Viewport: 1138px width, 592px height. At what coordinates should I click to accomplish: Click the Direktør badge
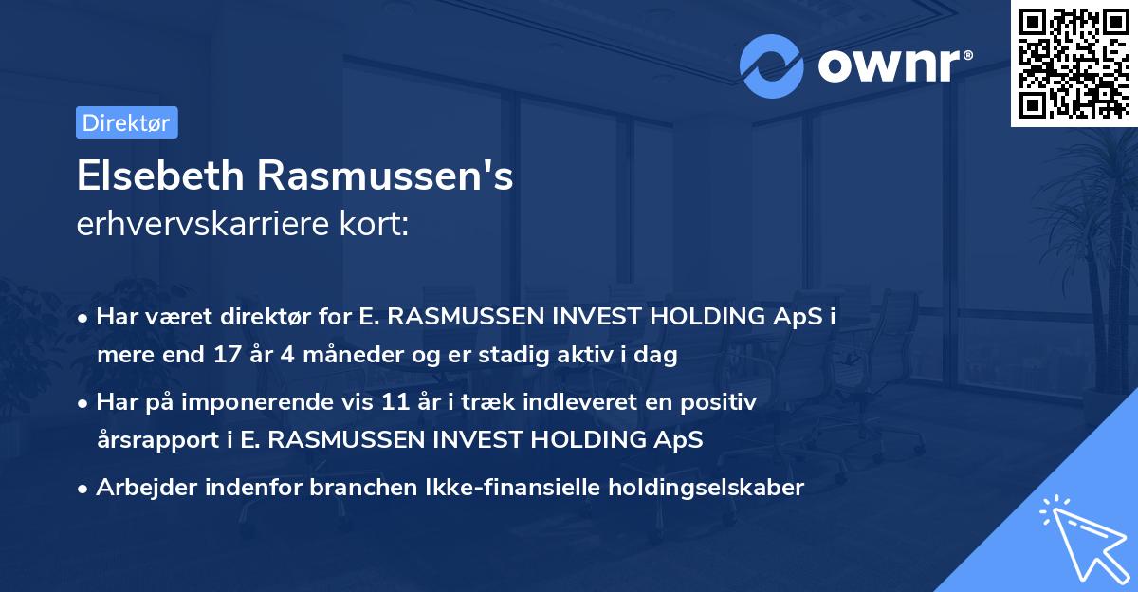[x=126, y=122]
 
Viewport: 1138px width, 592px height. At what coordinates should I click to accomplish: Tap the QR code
[x=1074, y=63]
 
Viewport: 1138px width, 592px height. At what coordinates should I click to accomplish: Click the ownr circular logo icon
[x=772, y=65]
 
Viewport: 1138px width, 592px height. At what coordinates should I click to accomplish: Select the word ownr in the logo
[x=892, y=65]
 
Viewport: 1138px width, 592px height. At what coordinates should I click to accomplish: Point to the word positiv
[x=723, y=402]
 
